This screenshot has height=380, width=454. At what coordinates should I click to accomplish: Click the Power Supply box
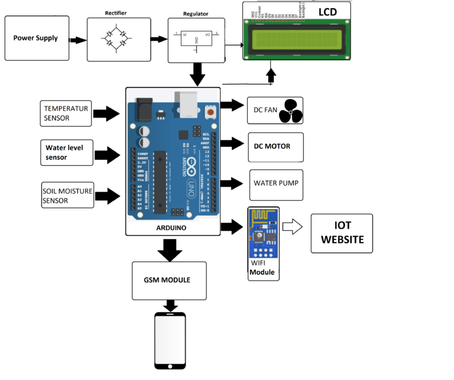pyautogui.click(x=36, y=38)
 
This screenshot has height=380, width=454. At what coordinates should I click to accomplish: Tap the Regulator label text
pyautogui.click(x=196, y=12)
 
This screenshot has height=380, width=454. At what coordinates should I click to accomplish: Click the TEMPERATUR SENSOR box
pyautogui.click(x=66, y=113)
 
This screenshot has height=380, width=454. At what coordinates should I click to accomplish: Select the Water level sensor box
pyautogui.click(x=66, y=153)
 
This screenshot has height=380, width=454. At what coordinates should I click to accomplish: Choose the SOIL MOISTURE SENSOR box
pyautogui.click(x=67, y=195)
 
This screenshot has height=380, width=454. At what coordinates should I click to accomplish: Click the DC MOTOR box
pyautogui.click(x=274, y=146)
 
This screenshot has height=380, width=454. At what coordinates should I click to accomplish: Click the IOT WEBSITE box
pyautogui.click(x=342, y=234)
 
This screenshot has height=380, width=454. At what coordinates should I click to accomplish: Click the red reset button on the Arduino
pyautogui.click(x=209, y=111)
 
